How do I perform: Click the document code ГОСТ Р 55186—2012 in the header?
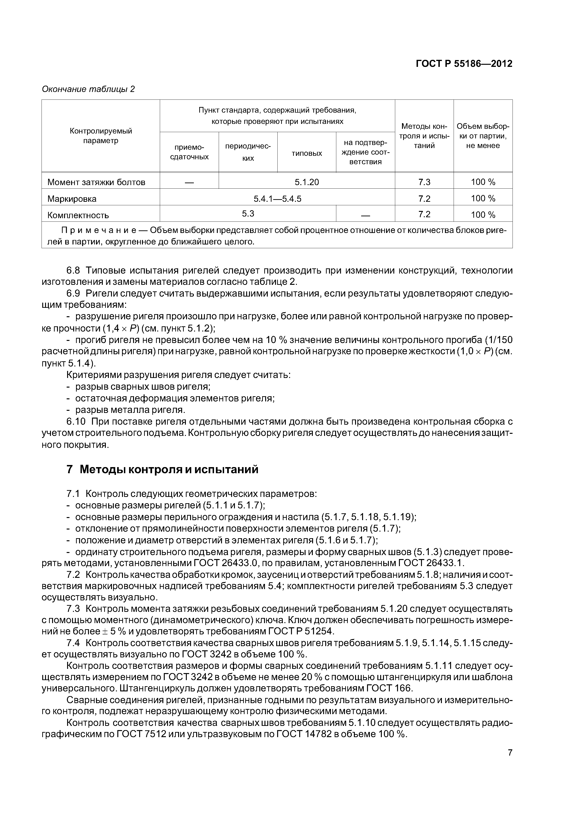coord(464,64)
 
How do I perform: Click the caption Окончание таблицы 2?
coord(88,89)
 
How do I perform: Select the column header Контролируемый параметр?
coord(101,136)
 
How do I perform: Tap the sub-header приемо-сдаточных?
coord(189,152)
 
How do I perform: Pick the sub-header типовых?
coord(306,153)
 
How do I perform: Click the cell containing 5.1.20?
coord(306,182)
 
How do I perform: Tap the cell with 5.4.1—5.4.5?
coord(277,198)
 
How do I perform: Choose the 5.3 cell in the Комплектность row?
coord(248,214)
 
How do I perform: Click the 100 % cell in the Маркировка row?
coord(483,198)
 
